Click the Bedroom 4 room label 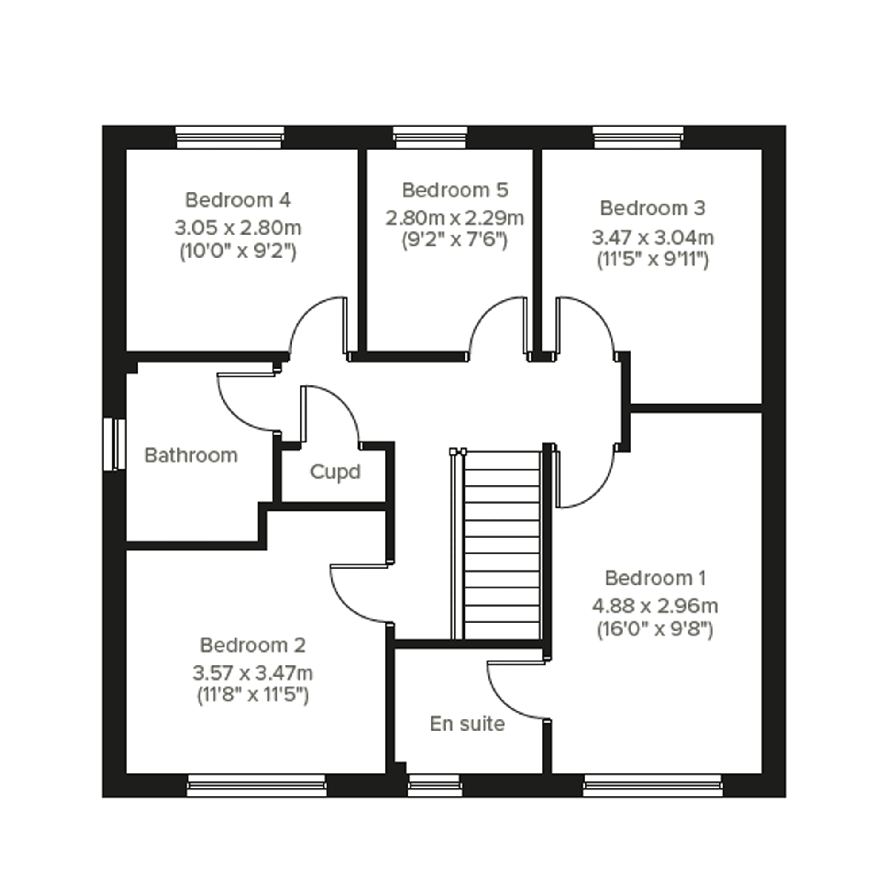[x=238, y=200]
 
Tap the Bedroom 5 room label [x=455, y=190]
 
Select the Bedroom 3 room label [x=653, y=209]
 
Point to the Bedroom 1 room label [x=655, y=578]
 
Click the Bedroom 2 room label [x=253, y=645]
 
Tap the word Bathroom [x=191, y=455]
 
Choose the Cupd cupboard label [x=335, y=473]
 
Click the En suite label [x=467, y=724]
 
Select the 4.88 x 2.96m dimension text [x=655, y=606]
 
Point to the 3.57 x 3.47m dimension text [x=253, y=673]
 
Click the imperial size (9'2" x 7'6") [x=455, y=240]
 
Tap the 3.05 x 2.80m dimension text [x=238, y=228]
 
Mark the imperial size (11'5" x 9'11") [x=653, y=260]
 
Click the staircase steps [x=502, y=546]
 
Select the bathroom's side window [x=114, y=444]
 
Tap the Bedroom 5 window [x=431, y=138]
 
